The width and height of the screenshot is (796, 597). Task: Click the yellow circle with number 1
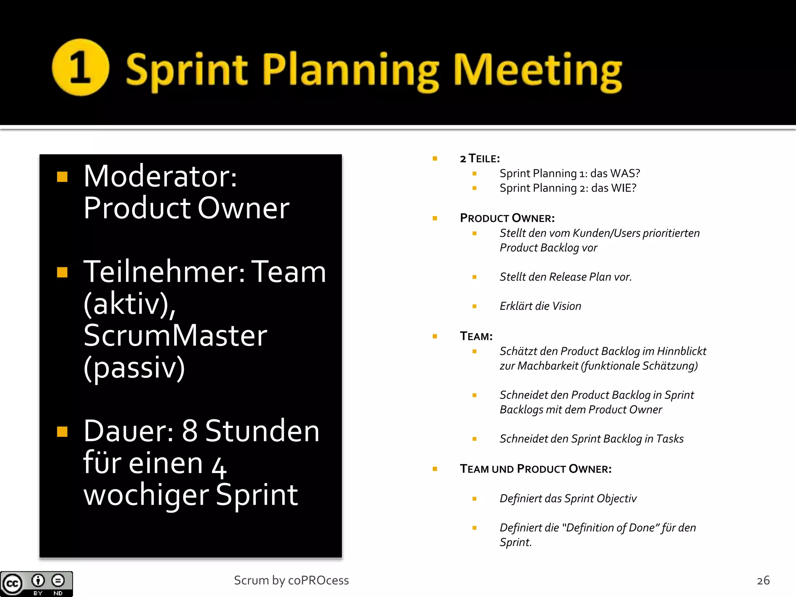80,68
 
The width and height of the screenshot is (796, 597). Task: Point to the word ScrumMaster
175,336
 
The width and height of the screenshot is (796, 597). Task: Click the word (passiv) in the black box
134,368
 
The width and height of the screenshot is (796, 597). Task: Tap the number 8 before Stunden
190,431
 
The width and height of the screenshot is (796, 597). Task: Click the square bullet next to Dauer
62,431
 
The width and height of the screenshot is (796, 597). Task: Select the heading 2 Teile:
480,159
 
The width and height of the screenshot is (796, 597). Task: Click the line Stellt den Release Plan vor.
566,277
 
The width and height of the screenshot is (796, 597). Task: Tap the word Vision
567,306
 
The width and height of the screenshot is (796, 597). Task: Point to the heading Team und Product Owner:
536,469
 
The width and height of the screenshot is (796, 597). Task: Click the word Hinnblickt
681,351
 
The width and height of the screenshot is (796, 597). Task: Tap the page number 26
763,580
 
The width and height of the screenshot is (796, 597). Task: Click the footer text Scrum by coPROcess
291,580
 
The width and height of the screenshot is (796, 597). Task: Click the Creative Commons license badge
36,584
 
